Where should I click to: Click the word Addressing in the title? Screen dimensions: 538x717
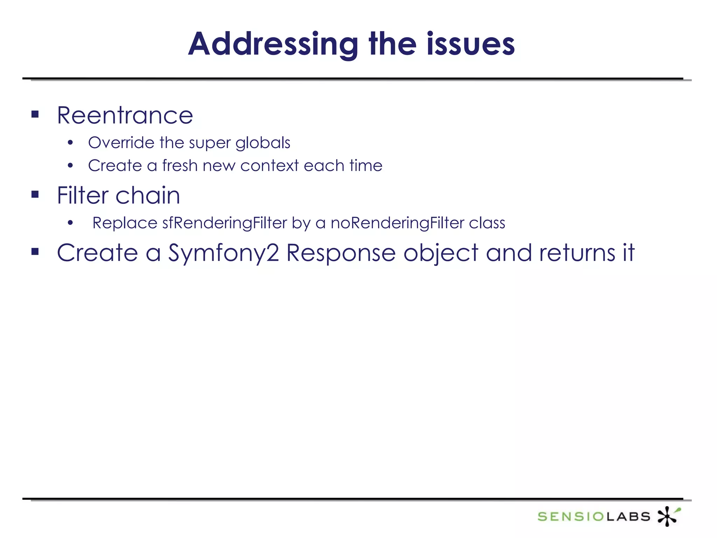(273, 44)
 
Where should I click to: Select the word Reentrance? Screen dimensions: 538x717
(125, 115)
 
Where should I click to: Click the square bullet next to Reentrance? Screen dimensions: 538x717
(35, 114)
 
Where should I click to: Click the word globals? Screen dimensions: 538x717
(263, 143)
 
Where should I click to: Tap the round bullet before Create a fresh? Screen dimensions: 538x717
(70, 166)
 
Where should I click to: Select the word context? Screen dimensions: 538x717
(269, 165)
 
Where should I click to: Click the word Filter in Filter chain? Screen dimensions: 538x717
(83, 195)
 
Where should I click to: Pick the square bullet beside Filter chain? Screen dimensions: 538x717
(35, 194)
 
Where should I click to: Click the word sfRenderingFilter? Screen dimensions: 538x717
(224, 223)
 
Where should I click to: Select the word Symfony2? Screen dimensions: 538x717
(224, 253)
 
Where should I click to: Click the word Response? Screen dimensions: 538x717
(341, 253)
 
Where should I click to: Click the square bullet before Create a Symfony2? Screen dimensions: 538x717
(35, 251)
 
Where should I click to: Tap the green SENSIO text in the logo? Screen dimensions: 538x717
(571, 516)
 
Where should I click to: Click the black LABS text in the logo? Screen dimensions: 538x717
(628, 516)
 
